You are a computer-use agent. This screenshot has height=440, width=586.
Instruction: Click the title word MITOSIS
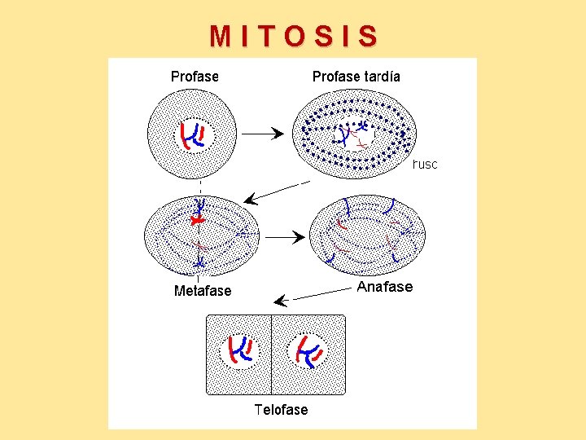click(x=294, y=37)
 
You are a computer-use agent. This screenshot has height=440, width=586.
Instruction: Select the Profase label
click(x=195, y=77)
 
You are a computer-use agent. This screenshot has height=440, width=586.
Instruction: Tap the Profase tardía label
click(x=356, y=77)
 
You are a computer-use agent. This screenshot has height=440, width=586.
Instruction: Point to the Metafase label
click(x=203, y=291)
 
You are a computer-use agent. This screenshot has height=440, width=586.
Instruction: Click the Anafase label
click(x=385, y=287)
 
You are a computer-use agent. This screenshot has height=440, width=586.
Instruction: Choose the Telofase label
click(x=281, y=409)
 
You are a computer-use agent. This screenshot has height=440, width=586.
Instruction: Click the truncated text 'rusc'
click(x=425, y=165)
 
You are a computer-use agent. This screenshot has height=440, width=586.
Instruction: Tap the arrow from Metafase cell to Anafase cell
click(x=285, y=238)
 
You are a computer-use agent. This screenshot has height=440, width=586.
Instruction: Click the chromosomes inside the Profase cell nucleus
click(x=193, y=136)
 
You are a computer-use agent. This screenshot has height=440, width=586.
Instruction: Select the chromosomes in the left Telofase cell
click(x=241, y=349)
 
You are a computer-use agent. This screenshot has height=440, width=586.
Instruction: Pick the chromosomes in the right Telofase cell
click(x=308, y=350)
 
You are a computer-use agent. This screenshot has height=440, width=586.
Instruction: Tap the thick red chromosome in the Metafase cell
click(x=195, y=221)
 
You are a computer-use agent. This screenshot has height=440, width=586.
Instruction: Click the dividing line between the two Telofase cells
click(x=271, y=355)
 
